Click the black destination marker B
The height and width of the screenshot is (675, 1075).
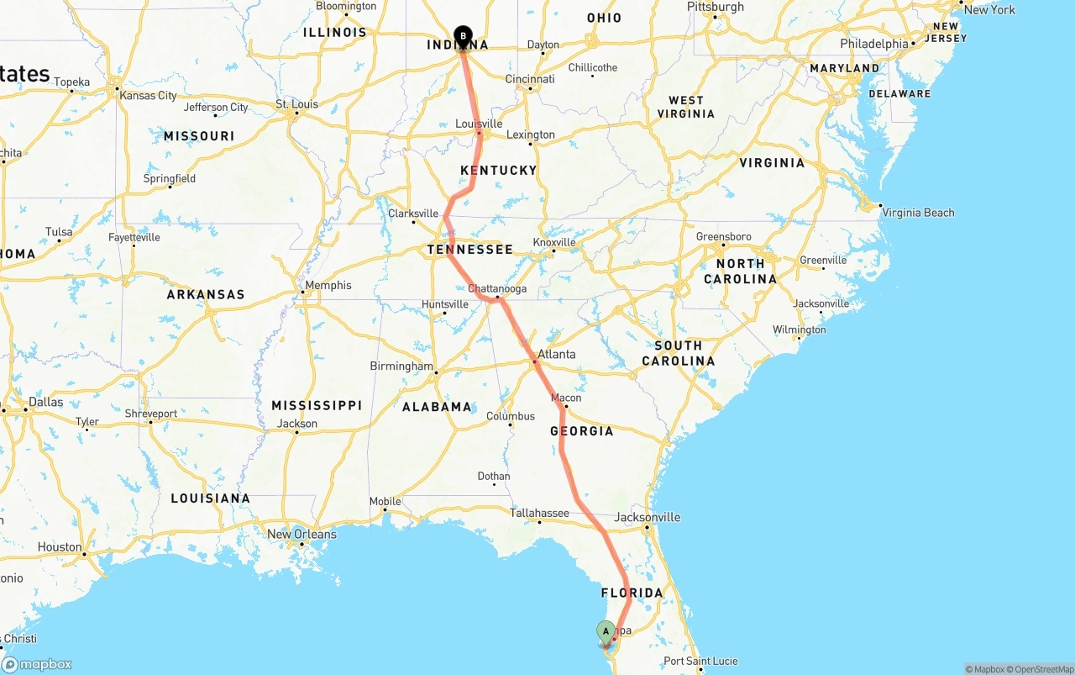point(463,36)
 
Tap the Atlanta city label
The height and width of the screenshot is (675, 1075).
point(557,354)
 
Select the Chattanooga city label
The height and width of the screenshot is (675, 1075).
point(497,288)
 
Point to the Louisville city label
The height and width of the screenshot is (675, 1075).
point(479,124)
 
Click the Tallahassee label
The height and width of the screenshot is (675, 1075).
point(539,513)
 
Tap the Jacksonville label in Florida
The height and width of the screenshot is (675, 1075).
point(648,517)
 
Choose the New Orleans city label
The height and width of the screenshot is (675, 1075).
point(302,534)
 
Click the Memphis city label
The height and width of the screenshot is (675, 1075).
point(328,285)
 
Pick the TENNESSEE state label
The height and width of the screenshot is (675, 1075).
point(469,250)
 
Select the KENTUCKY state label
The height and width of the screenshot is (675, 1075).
point(498,170)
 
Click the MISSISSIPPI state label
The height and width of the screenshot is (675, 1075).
point(317,405)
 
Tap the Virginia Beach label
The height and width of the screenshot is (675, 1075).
point(918,213)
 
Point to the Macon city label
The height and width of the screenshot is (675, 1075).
point(566,398)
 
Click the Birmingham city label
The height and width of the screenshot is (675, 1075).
point(401,366)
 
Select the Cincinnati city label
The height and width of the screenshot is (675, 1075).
point(529,79)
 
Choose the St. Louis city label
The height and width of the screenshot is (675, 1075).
point(297,104)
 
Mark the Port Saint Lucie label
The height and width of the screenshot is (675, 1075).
point(700,661)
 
